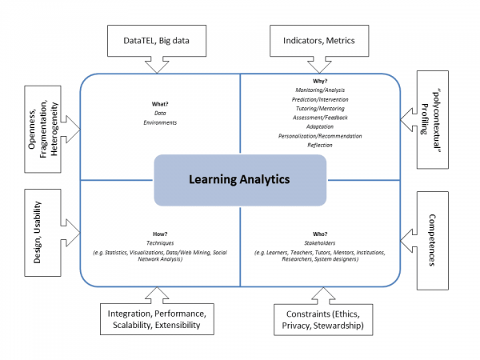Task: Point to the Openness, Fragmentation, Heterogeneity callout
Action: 42,125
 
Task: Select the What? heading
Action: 160,105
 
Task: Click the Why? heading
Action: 319,82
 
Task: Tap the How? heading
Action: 160,234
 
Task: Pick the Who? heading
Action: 319,234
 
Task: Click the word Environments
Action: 160,123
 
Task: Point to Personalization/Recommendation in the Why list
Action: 319,136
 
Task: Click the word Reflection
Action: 319,145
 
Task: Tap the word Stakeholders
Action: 319,243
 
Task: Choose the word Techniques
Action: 160,243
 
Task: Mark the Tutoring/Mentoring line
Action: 319,109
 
